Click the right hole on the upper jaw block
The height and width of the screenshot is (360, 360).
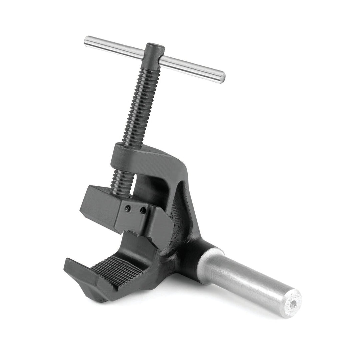coord(143,211)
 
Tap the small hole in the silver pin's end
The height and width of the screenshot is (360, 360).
coord(293,304)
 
